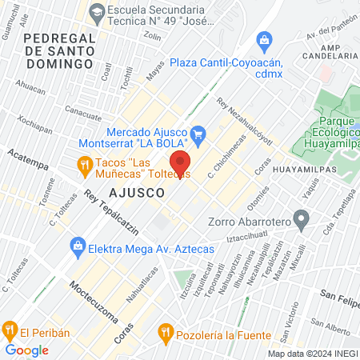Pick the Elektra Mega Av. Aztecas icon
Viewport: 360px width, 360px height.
click(78, 245)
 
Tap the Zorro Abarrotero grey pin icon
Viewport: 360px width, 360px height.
click(301, 218)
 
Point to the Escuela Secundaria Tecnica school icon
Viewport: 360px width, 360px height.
click(97, 10)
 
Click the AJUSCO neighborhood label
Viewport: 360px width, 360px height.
click(137, 193)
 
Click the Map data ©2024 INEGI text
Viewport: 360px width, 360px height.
click(311, 354)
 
